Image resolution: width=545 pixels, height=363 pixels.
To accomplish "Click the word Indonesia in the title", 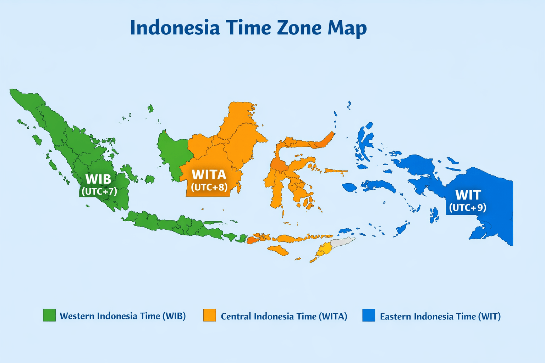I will (175, 28).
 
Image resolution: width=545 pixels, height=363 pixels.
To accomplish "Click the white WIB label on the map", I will (98, 179).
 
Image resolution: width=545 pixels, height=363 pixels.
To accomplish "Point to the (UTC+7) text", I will (99, 191).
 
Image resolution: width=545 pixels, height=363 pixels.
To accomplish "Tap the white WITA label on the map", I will (209, 175).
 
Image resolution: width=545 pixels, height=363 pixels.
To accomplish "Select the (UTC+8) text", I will (209, 187).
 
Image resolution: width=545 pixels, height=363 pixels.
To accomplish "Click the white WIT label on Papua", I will (468, 195).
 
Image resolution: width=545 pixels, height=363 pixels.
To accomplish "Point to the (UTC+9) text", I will (468, 207).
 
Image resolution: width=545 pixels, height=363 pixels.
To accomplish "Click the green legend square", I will (49, 315).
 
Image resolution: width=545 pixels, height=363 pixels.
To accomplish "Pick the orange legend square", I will (209, 315).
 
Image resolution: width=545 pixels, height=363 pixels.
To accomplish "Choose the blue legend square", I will (369, 315).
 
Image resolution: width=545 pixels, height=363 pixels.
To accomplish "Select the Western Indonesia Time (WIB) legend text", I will (123, 316).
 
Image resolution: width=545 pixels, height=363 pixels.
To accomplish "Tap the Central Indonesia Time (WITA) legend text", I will (284, 316).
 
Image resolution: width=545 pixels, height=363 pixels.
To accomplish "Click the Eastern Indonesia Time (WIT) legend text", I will (440, 316).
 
